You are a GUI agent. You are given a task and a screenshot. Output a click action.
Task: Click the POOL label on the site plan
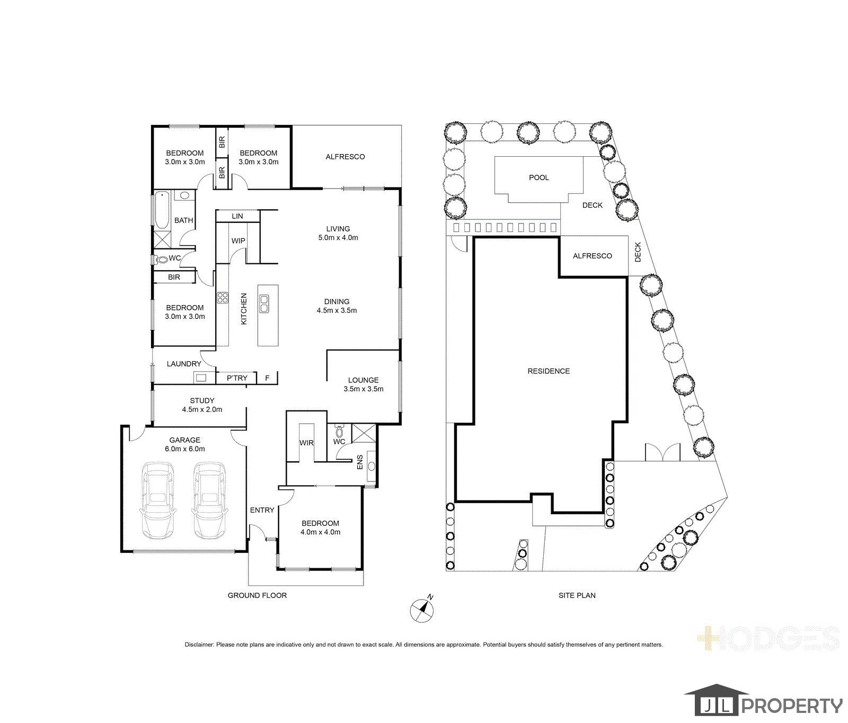click(x=538, y=177)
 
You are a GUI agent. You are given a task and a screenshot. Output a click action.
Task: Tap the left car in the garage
click(x=158, y=500)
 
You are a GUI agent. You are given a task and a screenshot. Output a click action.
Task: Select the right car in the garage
click(x=210, y=500)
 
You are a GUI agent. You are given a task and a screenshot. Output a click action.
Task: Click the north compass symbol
click(x=422, y=609)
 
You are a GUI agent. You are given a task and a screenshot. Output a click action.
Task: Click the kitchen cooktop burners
click(x=222, y=298)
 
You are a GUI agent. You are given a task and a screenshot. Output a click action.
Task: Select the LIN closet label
click(x=237, y=216)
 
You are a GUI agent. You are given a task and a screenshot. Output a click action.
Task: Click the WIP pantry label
click(x=238, y=241)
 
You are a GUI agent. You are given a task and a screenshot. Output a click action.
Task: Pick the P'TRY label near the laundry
click(x=237, y=378)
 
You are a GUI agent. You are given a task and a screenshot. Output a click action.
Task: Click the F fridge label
click(x=267, y=378)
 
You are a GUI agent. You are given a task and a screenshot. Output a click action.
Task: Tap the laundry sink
click(x=201, y=378)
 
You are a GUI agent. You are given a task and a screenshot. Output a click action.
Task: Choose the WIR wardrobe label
click(x=306, y=443)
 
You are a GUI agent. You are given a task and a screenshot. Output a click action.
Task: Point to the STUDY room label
click(x=202, y=400)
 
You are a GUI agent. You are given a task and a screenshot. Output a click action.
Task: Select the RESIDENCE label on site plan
click(x=549, y=371)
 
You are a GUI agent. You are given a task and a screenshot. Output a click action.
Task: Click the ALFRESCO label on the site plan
click(x=592, y=256)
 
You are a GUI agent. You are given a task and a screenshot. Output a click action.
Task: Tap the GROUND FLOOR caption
click(x=257, y=595)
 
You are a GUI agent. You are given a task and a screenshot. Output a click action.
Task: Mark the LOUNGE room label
click(x=363, y=380)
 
